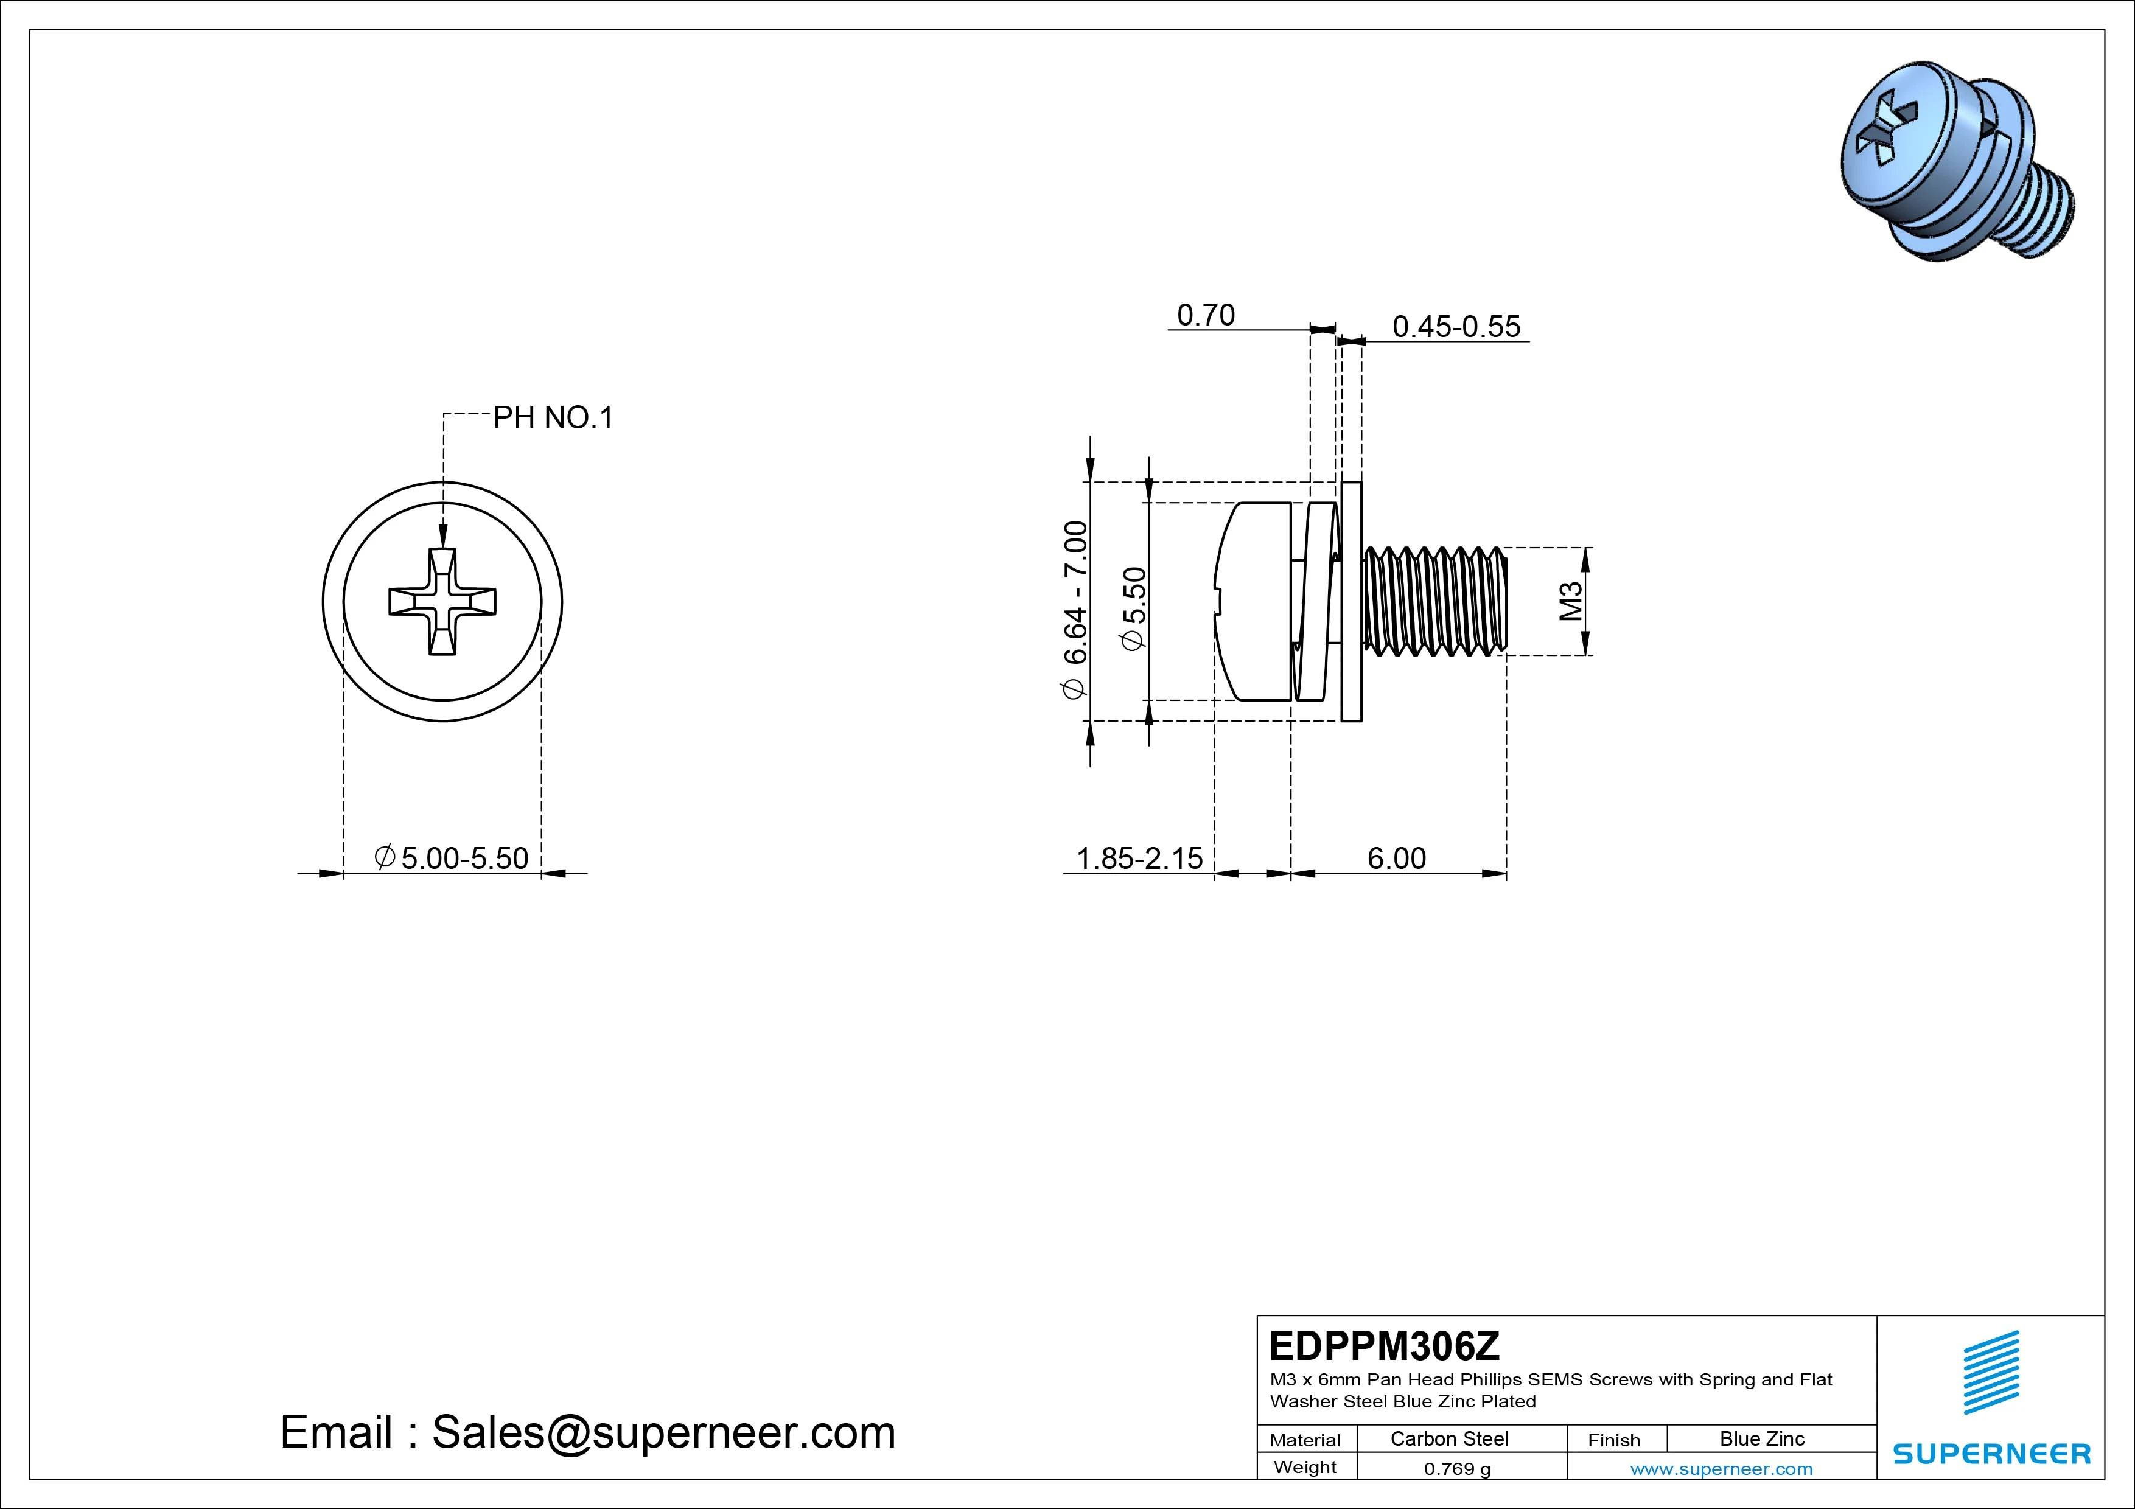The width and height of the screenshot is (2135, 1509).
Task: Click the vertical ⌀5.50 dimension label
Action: pos(1134,609)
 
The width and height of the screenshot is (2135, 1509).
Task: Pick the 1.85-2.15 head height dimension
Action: pos(1139,857)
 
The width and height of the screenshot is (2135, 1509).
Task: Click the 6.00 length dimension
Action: pos(1396,857)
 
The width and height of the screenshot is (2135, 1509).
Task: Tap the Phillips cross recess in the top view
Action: pos(442,602)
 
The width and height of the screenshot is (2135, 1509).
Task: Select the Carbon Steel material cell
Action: pos(1448,1438)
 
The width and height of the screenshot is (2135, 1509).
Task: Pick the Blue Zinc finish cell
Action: pos(1761,1438)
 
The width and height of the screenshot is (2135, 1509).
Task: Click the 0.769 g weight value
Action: pos(1457,1469)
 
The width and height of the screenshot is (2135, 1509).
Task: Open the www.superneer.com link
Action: pos(1721,1469)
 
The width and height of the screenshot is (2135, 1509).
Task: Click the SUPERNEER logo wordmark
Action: pos(1992,1453)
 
